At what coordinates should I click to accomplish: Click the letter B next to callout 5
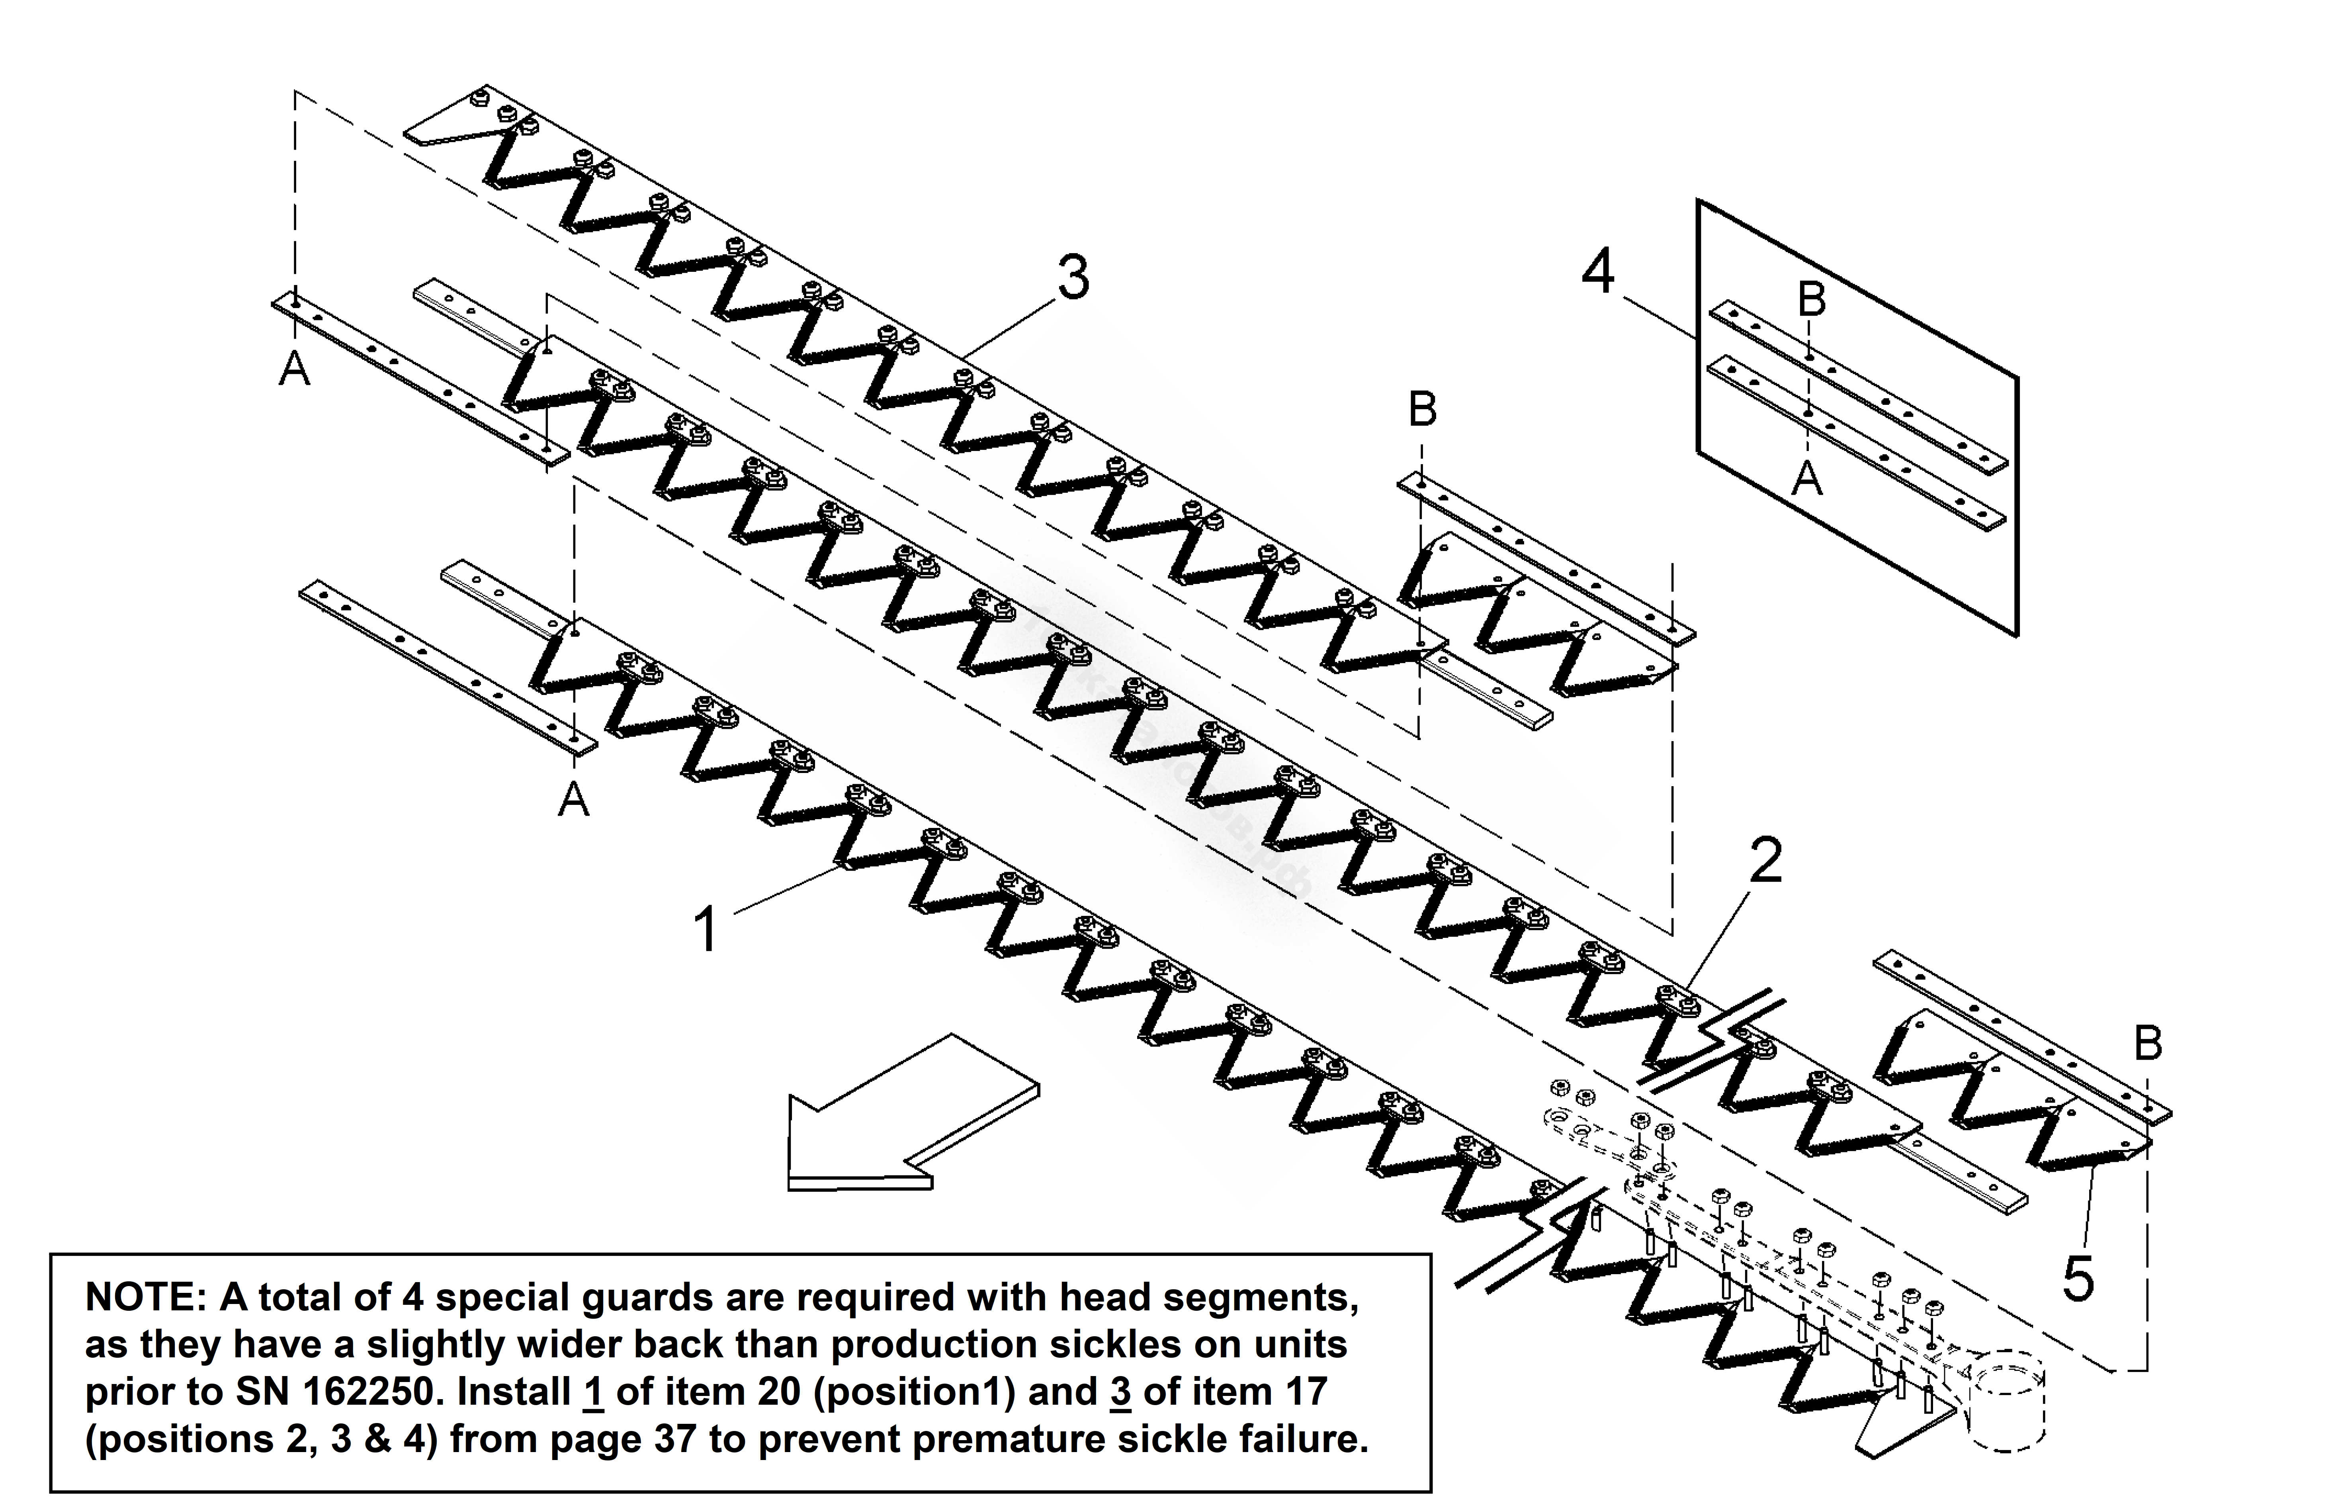[2148, 1043]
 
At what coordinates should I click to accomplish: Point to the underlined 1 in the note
[593, 1392]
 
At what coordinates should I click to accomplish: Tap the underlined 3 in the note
[1120, 1392]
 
